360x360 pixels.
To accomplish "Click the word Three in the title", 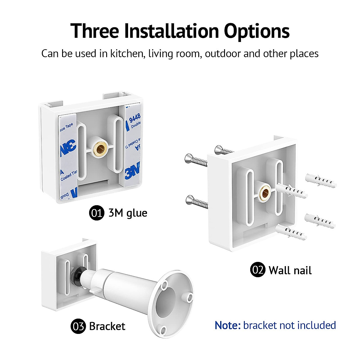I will [x=95, y=31].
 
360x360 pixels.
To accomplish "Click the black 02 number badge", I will [x=257, y=270].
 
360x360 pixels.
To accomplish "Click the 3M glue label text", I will [x=128, y=213].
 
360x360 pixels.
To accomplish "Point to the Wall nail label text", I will [x=290, y=270].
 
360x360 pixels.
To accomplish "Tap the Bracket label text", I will [x=107, y=326].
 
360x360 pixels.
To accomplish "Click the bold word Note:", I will [x=228, y=325].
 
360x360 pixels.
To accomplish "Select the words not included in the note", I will [x=307, y=325].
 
